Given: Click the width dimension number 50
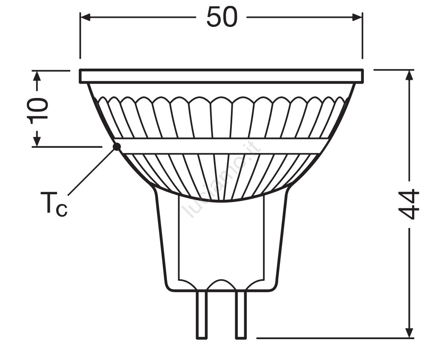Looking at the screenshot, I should click(x=222, y=17).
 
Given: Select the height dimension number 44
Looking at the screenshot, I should click(x=409, y=204).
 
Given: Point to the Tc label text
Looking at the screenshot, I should click(x=54, y=204).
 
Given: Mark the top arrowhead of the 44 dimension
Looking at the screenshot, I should click(x=409, y=75).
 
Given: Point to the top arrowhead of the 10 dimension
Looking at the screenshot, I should click(x=37, y=76).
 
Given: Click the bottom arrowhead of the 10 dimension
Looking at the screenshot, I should click(x=37, y=141).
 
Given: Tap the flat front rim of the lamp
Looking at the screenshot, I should click(x=222, y=76).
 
